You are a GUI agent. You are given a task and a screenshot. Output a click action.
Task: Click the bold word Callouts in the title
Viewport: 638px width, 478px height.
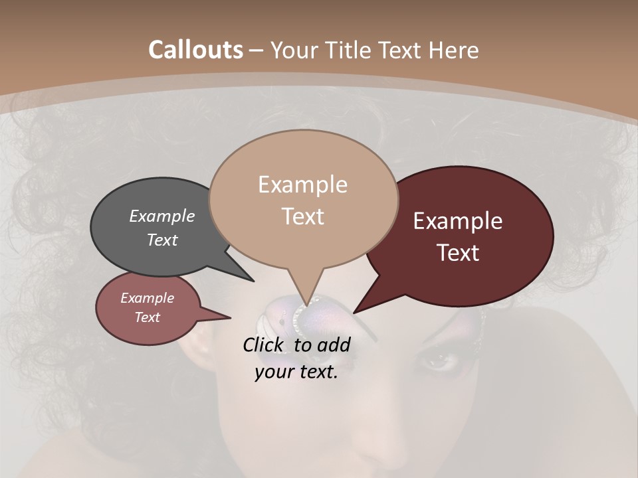click(x=195, y=50)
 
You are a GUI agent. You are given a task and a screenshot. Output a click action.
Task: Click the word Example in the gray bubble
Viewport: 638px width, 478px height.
click(x=162, y=216)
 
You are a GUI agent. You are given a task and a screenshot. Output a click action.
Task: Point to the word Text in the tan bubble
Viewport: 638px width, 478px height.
click(x=303, y=216)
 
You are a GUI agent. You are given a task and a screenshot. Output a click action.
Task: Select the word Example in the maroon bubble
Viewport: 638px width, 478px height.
click(x=458, y=220)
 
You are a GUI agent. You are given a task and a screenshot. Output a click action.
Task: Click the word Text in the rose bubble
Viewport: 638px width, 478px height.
click(x=148, y=317)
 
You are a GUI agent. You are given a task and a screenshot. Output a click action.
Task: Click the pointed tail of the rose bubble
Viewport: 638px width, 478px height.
click(x=223, y=317)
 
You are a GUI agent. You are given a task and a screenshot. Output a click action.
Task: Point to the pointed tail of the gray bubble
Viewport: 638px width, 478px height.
click(x=246, y=276)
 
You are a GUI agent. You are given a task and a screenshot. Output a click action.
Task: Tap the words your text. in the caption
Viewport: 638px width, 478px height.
click(x=296, y=372)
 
